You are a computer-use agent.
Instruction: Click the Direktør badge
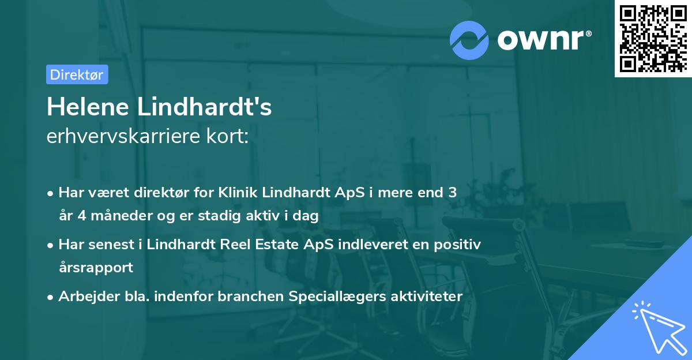tap(77, 74)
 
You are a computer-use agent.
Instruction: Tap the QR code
tap(653, 39)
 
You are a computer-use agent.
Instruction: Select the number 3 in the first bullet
tap(452, 193)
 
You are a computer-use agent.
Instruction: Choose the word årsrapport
tap(96, 268)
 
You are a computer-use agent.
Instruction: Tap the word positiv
tap(457, 245)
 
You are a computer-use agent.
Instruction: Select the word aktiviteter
tap(427, 297)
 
